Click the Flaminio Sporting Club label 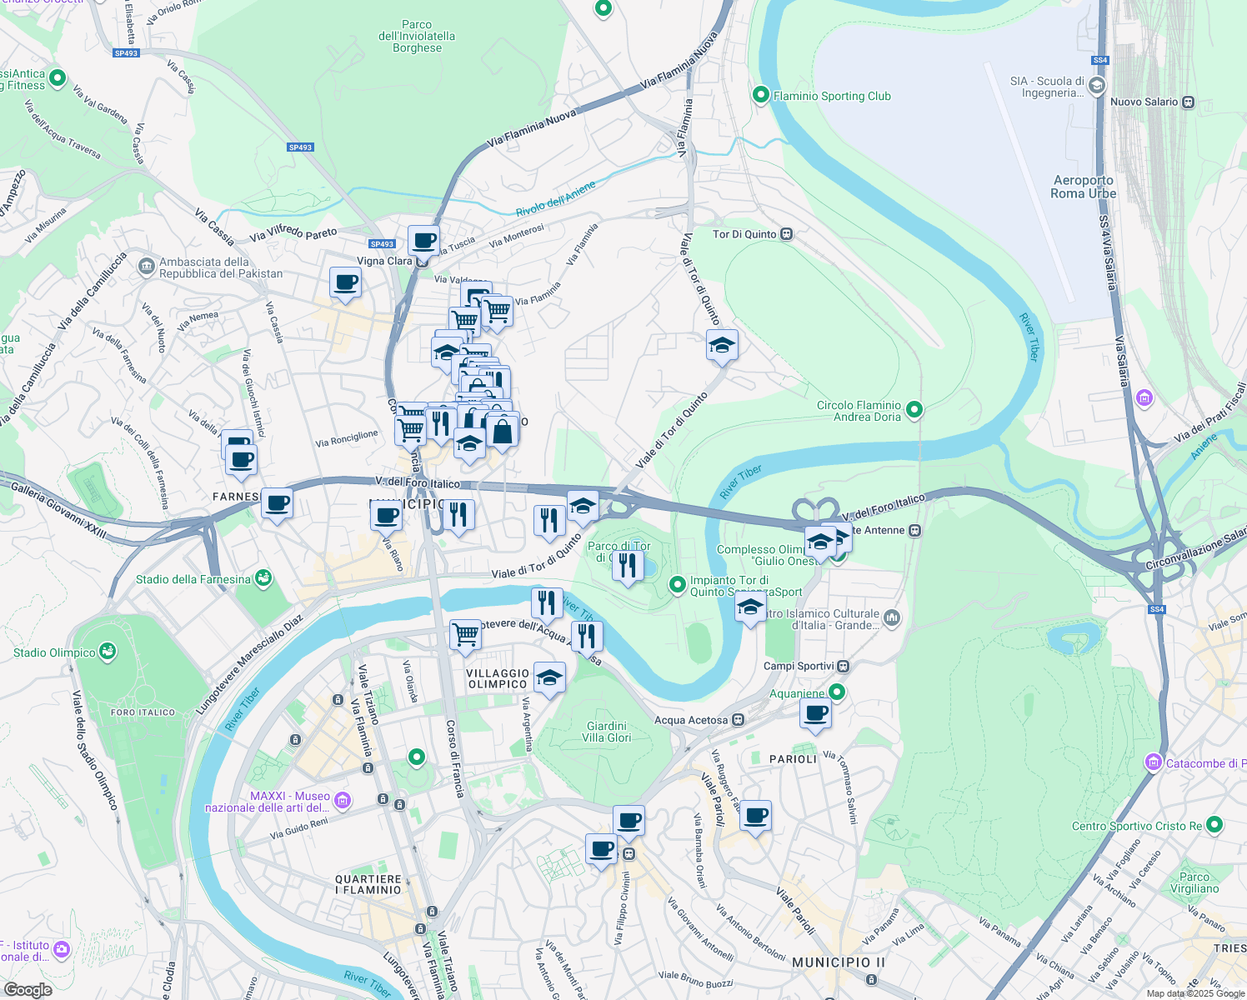point(831,96)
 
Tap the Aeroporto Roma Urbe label point(1083,187)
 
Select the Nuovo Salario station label point(1144,102)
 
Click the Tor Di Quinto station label point(744,234)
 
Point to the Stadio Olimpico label point(54,652)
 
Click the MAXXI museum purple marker point(343,801)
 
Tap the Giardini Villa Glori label point(606,732)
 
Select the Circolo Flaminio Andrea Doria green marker point(914,409)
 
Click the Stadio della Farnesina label point(193,579)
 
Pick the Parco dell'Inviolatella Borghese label point(417,37)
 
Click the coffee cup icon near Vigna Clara point(423,240)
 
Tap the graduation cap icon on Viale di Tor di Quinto point(722,345)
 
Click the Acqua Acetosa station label point(691,720)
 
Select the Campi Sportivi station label point(799,666)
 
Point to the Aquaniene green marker point(837,692)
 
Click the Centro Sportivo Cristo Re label point(1137,826)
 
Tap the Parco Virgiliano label point(1194,882)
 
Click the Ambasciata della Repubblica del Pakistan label point(220,267)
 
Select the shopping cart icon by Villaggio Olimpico point(465,634)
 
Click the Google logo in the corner point(28,990)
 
